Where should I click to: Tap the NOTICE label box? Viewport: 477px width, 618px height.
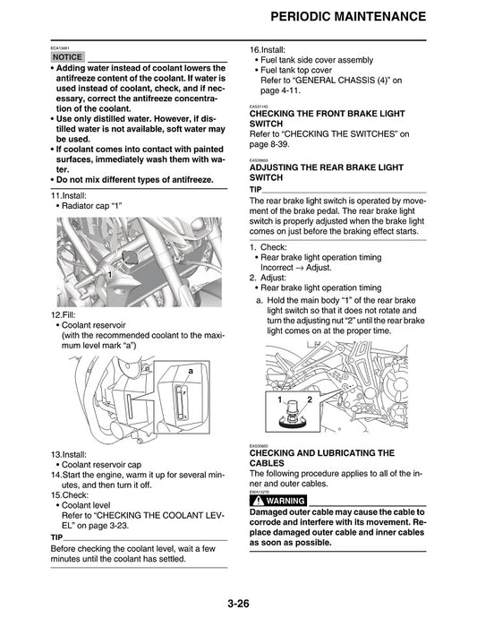coord(67,56)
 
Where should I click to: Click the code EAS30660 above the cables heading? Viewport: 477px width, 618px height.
coord(260,445)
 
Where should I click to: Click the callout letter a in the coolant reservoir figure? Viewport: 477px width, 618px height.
coord(191,370)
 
